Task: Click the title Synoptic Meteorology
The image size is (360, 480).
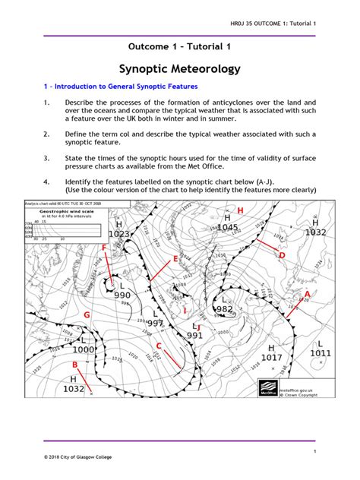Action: click(180, 69)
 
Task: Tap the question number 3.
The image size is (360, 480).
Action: click(46, 158)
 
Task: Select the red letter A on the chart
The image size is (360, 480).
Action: click(307, 293)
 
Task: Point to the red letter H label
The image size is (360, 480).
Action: click(241, 209)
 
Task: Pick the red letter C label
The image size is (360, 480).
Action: click(158, 346)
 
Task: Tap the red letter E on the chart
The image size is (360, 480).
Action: click(175, 260)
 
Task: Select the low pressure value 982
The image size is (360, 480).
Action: click(224, 309)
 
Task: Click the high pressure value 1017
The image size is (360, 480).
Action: click(271, 357)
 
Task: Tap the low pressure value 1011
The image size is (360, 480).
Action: click(321, 353)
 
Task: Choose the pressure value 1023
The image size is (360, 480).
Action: click(119, 234)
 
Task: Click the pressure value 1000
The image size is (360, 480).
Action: click(83, 349)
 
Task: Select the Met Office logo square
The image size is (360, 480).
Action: click(267, 387)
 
